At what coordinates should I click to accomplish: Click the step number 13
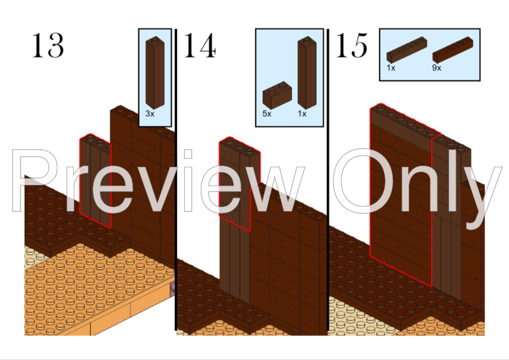[x=48, y=45]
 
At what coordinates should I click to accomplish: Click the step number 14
[x=199, y=45]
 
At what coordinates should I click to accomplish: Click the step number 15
[x=351, y=45]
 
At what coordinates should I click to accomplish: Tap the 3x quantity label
[x=150, y=113]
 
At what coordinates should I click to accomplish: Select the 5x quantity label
[x=267, y=113]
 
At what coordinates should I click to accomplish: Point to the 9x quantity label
[x=437, y=68]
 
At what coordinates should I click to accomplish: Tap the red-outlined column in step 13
[x=95, y=181]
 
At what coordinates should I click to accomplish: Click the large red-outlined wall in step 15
[x=401, y=193]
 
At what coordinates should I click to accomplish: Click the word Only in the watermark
[x=417, y=181]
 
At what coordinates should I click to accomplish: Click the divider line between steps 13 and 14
[x=175, y=181]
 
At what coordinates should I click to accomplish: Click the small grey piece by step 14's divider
[x=172, y=286]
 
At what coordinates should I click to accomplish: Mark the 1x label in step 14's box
[x=302, y=113]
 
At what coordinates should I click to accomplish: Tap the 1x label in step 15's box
[x=391, y=68]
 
